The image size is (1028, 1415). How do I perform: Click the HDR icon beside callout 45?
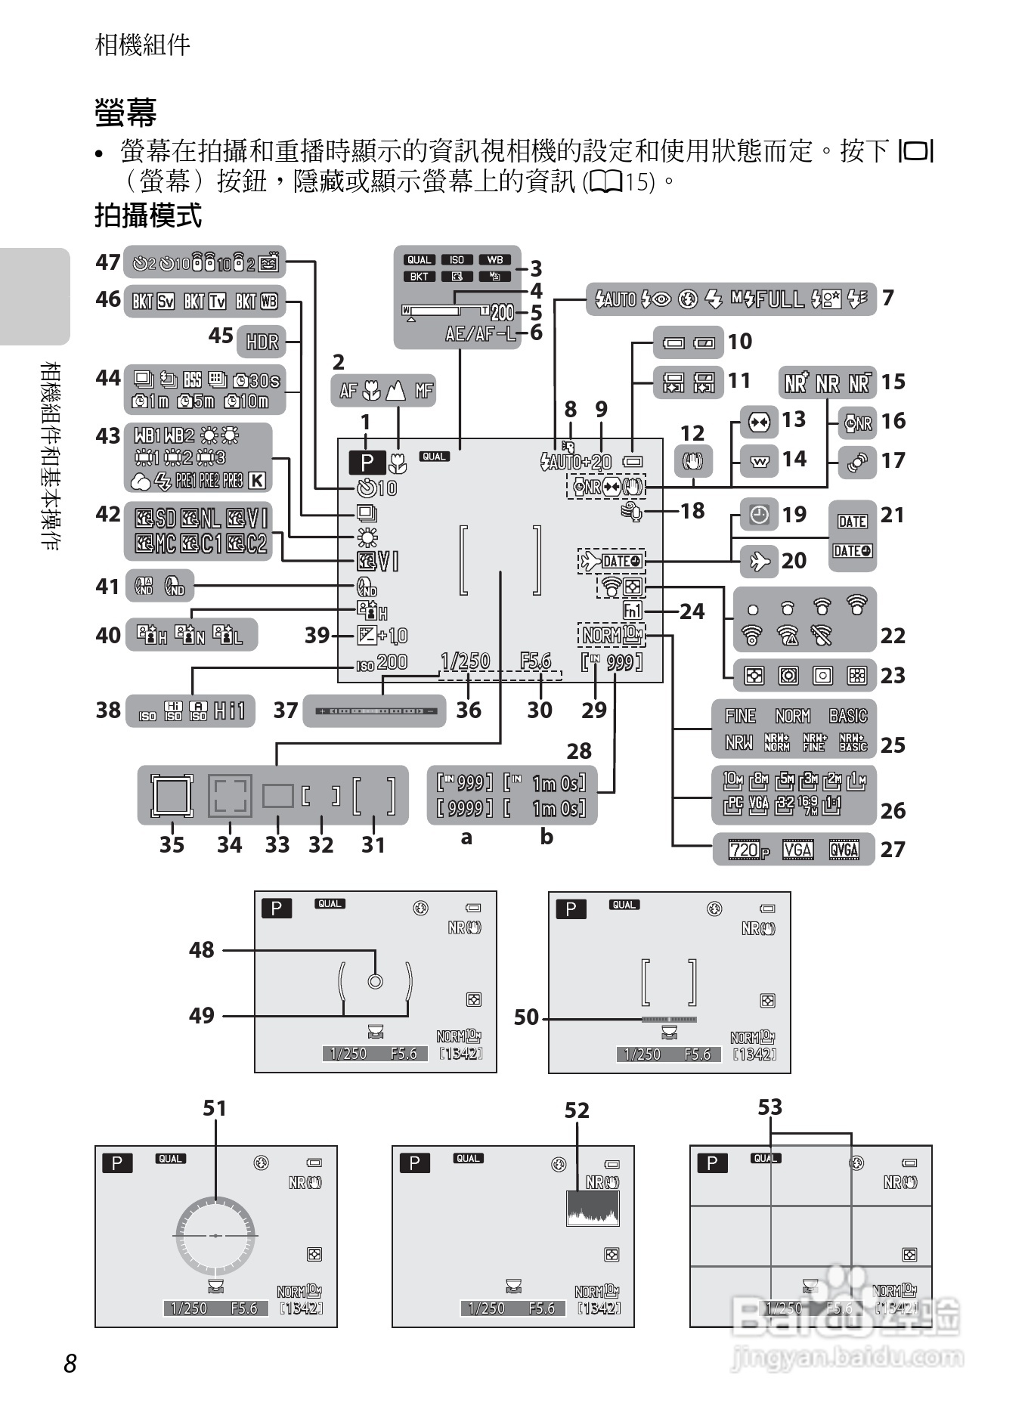click(262, 342)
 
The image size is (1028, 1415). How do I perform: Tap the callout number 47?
click(108, 262)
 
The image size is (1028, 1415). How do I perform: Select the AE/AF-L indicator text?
click(481, 333)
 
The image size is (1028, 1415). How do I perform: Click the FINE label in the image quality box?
click(740, 715)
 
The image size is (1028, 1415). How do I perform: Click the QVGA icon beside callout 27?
click(844, 850)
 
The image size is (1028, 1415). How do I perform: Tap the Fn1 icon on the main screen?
click(633, 611)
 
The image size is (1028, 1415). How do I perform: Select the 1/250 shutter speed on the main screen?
click(466, 661)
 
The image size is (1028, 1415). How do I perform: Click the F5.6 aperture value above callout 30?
click(535, 661)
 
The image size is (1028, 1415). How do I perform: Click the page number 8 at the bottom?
click(70, 1364)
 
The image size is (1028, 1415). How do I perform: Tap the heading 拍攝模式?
click(148, 216)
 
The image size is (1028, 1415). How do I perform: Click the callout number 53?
click(769, 1107)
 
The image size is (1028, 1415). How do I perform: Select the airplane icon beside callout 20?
click(759, 561)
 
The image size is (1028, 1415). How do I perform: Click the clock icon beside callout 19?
click(759, 516)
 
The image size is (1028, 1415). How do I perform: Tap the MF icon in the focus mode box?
click(423, 391)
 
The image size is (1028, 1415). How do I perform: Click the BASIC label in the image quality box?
click(847, 715)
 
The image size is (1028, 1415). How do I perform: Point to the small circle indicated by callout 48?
click(375, 981)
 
